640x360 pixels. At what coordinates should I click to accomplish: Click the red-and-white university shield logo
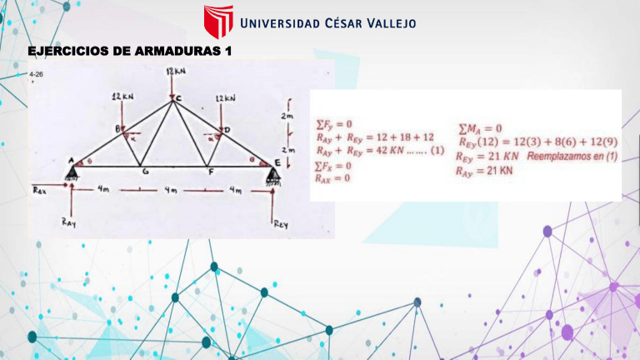tap(218, 22)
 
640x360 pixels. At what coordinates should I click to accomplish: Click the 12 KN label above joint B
tap(122, 97)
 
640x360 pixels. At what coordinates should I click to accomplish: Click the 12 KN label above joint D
tap(225, 97)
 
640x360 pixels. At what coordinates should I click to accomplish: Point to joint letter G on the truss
tap(146, 172)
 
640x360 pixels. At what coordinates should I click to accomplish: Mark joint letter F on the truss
tap(210, 172)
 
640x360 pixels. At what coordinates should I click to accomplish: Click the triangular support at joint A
tap(72, 172)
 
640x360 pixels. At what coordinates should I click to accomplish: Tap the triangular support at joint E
tap(272, 172)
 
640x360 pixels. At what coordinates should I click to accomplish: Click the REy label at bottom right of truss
tap(281, 222)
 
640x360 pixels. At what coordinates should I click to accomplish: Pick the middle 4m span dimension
tap(172, 191)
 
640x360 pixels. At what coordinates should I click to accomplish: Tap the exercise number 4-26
tap(36, 75)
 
